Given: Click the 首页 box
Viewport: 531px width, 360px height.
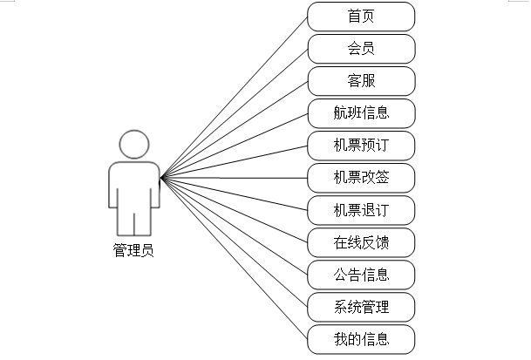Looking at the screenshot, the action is tap(361, 16).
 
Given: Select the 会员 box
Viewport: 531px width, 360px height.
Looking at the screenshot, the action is tap(361, 48).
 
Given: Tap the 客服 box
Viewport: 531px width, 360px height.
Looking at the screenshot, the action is tap(361, 80).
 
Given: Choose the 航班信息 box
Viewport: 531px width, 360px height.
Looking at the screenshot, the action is tap(361, 112).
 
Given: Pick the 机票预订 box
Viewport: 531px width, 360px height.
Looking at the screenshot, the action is tap(361, 145).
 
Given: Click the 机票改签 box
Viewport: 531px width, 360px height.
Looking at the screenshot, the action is tap(361, 177).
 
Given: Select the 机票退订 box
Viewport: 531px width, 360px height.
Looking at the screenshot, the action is tap(361, 209).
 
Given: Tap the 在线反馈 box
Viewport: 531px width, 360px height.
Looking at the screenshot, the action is tap(361, 241).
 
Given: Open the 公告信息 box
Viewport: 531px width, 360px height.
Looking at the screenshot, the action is tap(361, 274).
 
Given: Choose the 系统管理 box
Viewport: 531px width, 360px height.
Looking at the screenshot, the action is tap(361, 306).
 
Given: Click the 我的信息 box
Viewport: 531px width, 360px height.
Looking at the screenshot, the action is tap(361, 338).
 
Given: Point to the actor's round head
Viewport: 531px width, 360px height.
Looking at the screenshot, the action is tap(133, 144).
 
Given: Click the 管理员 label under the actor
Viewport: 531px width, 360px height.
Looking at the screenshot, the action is tap(133, 251).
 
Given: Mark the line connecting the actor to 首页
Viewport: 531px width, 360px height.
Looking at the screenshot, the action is tap(235, 96).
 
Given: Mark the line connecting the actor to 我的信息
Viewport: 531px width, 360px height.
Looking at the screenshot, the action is tap(235, 258).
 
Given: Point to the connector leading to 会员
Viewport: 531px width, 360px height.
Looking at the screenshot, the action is tap(235, 112).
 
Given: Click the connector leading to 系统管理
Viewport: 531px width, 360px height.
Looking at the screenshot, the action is tap(235, 241).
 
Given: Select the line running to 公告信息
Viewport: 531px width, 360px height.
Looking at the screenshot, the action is tap(235, 226).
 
